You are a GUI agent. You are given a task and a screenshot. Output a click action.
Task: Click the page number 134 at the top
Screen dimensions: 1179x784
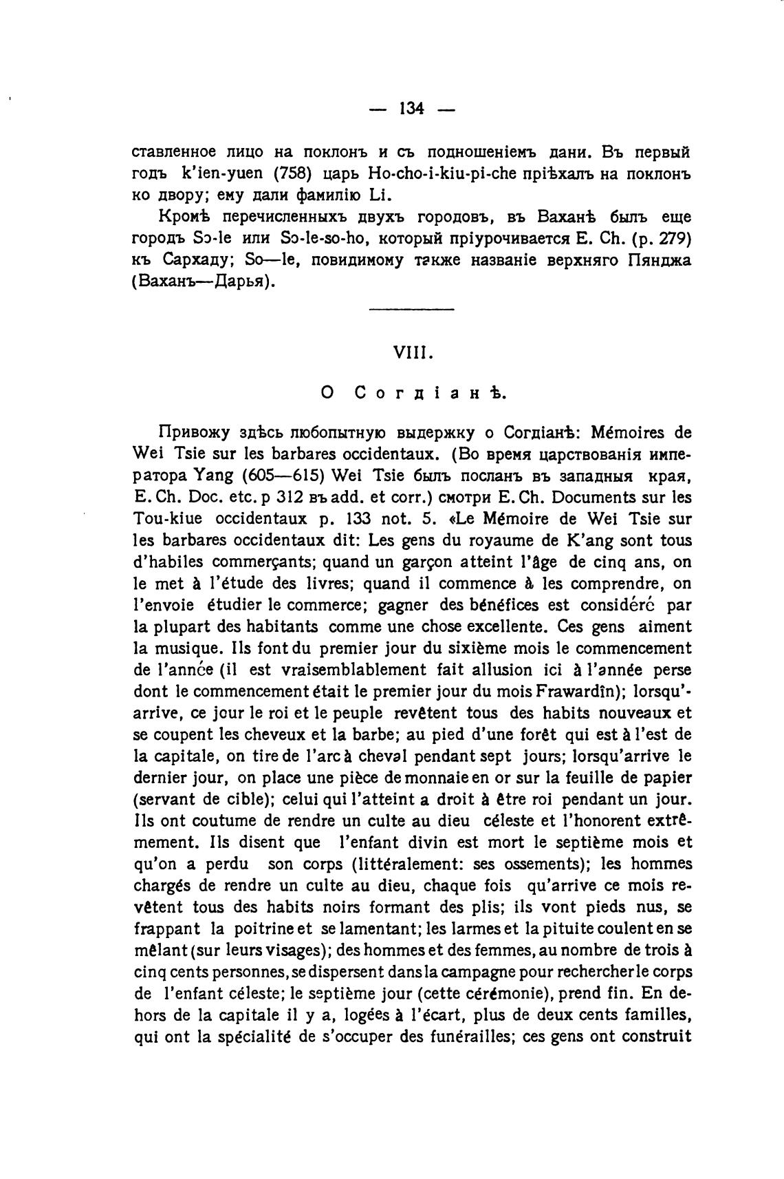[x=411, y=108]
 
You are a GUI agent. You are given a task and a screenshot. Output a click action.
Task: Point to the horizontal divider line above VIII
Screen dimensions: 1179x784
[x=411, y=309]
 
